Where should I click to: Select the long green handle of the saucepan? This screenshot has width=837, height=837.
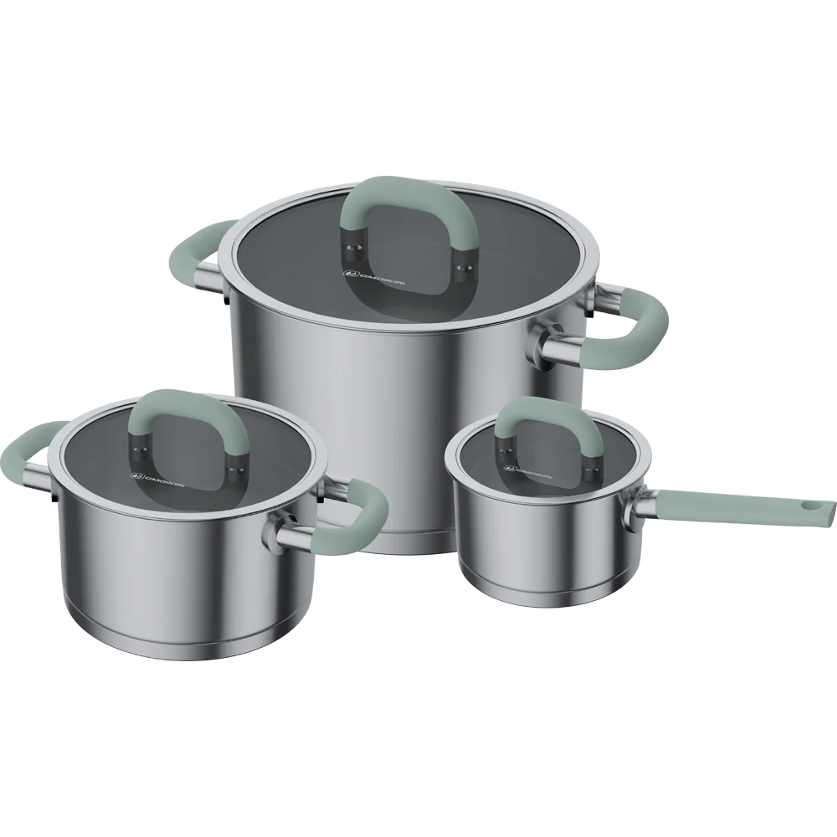737,508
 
